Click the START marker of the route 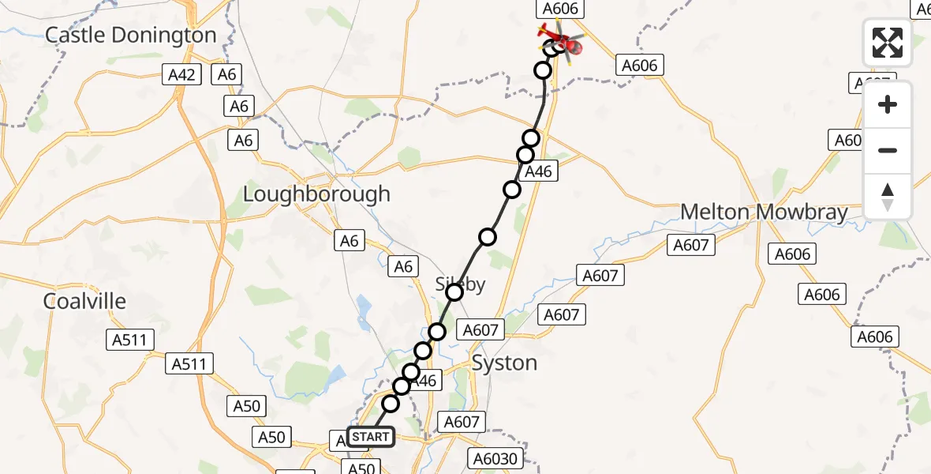tap(370, 437)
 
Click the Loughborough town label tap(316, 194)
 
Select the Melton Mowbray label tap(764, 212)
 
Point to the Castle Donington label tap(130, 35)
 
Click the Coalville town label tap(84, 301)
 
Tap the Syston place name tap(504, 363)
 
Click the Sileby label tap(461, 284)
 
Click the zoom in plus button tap(888, 104)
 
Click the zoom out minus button tap(888, 150)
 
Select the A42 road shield tap(183, 75)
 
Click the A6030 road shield tap(494, 458)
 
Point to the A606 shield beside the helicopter tap(561, 9)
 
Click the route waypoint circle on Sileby tap(454, 293)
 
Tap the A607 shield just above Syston tap(480, 330)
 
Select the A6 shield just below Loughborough tap(349, 240)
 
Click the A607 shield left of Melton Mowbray tap(691, 245)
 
